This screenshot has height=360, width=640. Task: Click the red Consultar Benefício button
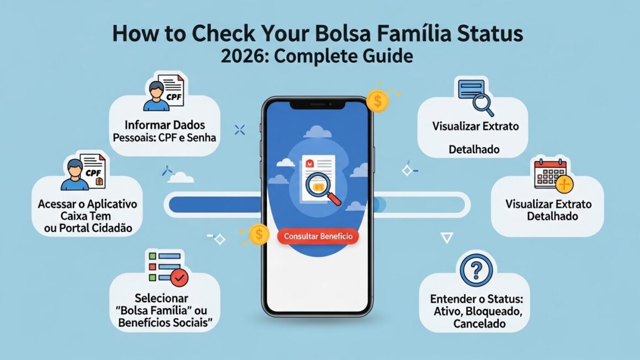(x=317, y=237)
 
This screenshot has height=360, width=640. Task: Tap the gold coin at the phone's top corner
(x=377, y=101)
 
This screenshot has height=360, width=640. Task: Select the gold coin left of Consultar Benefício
(x=258, y=235)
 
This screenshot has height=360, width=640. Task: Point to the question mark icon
(x=474, y=270)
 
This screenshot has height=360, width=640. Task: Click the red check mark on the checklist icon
(x=179, y=278)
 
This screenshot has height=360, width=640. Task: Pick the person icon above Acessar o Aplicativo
(x=74, y=172)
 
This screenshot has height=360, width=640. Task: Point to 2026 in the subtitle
(x=242, y=56)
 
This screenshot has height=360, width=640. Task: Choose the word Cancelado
(x=479, y=324)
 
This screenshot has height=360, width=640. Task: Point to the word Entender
(x=453, y=299)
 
